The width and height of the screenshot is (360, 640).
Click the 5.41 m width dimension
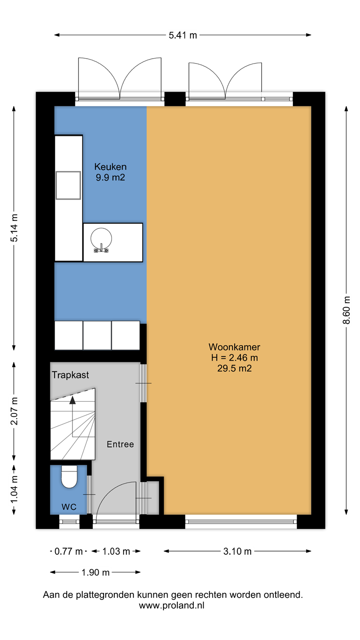click(183, 35)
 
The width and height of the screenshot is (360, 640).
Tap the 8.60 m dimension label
click(346, 310)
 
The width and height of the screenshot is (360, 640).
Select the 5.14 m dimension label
click(14, 228)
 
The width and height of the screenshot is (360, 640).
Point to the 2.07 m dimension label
click(14, 411)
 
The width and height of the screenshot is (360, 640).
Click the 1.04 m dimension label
click(14, 489)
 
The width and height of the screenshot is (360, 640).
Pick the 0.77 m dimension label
click(68, 551)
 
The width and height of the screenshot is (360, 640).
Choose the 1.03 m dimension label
click(116, 551)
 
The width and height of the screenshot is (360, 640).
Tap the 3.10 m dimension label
click(237, 551)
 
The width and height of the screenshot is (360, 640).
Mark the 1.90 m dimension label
click(96, 572)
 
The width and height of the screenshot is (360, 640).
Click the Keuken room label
click(110, 167)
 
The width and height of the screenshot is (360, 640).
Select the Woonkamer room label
click(234, 347)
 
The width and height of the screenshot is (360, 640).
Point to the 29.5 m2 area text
click(234, 368)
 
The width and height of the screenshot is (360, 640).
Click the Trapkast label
click(70, 375)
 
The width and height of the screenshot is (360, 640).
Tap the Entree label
click(120, 444)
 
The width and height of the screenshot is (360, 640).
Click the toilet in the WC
click(69, 476)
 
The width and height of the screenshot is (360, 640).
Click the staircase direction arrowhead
click(72, 400)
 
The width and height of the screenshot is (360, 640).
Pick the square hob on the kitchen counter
click(68, 185)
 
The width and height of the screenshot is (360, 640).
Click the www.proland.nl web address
click(172, 605)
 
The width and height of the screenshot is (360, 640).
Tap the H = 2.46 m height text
click(234, 357)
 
